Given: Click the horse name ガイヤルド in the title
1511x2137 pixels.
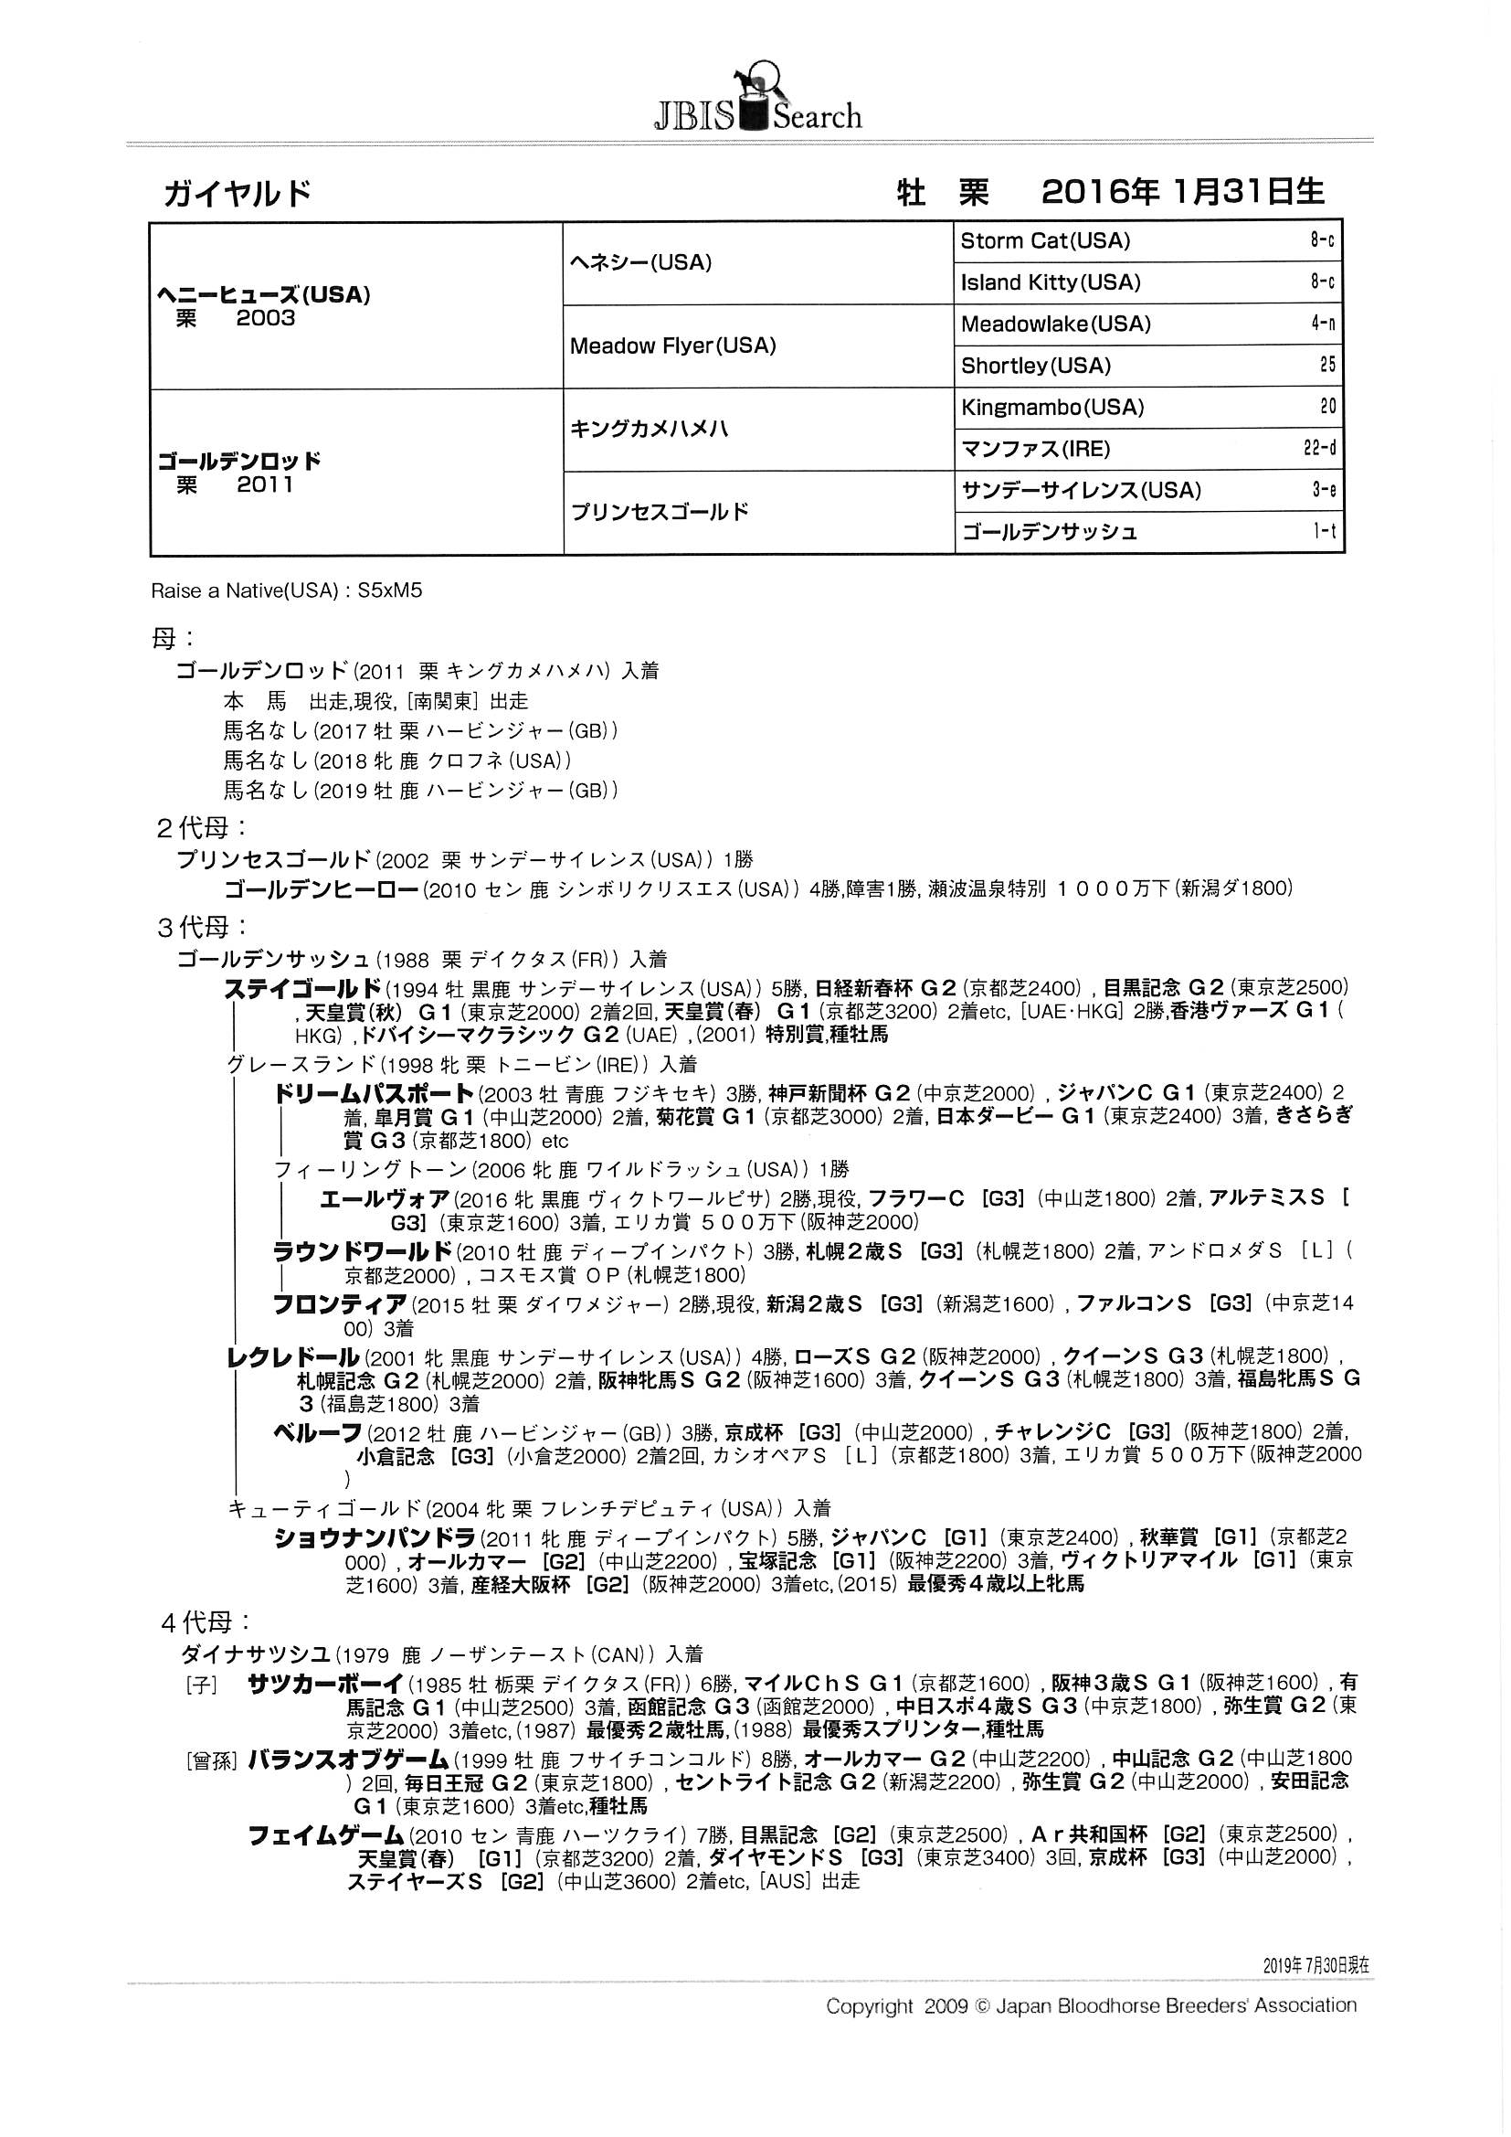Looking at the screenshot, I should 238,194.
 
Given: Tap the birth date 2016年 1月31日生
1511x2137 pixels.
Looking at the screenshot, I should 1182,192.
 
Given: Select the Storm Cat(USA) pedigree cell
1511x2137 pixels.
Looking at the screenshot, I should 1045,241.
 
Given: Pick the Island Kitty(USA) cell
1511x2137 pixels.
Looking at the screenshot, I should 1051,283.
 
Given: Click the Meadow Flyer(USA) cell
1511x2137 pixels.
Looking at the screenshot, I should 672,346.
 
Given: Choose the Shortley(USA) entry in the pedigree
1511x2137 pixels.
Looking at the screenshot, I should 1036,366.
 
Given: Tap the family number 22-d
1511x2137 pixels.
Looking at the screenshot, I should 1318,449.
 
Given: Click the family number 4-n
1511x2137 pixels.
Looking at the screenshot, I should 1322,324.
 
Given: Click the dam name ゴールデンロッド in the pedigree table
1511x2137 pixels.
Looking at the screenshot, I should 239,462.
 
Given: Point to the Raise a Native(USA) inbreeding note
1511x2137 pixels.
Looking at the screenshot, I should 287,591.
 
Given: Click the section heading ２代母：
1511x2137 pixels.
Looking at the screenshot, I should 201,827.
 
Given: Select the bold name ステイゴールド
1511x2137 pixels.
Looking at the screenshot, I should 303,988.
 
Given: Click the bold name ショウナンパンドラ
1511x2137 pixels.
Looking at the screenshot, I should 374,1538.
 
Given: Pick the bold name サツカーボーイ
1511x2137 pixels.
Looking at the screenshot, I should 325,1683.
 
